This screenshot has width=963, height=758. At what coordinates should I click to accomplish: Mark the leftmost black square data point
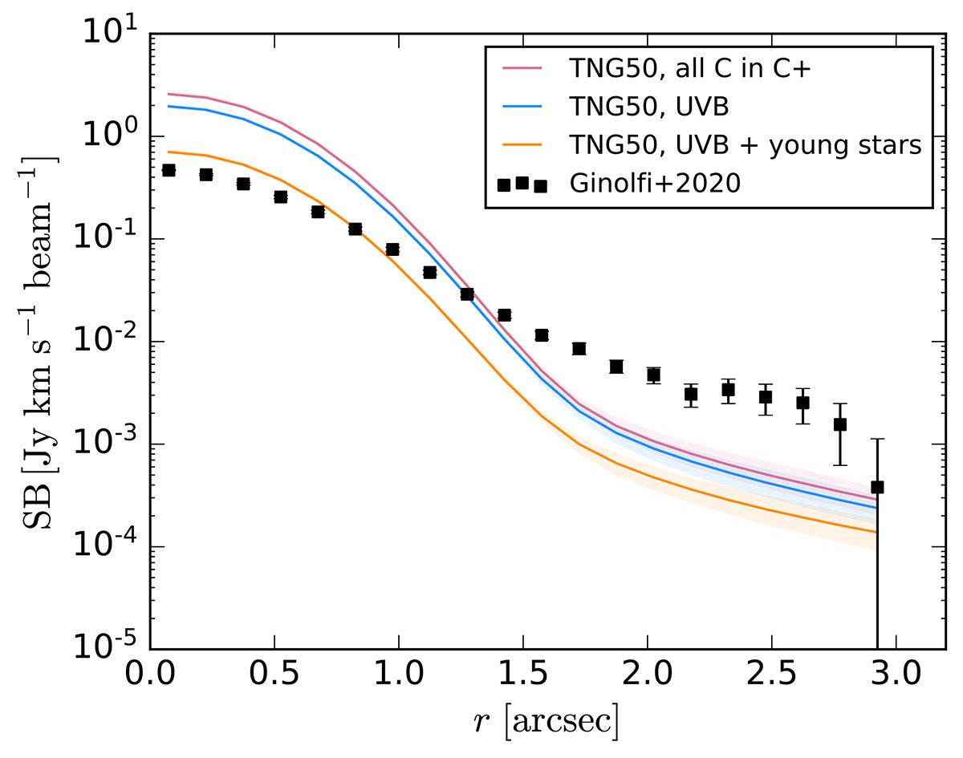pyautogui.click(x=169, y=170)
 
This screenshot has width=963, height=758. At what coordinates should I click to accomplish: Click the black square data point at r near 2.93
pyautogui.click(x=877, y=487)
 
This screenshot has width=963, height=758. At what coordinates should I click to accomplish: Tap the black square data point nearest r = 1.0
pyautogui.click(x=392, y=249)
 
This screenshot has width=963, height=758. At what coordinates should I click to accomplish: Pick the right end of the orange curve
pyautogui.click(x=876, y=532)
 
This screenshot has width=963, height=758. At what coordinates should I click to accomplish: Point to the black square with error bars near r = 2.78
pyautogui.click(x=840, y=424)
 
